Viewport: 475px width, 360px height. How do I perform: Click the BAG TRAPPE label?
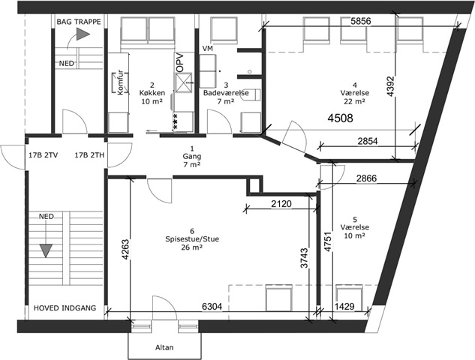click(79, 22)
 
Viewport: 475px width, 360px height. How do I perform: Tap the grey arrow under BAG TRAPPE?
click(83, 34)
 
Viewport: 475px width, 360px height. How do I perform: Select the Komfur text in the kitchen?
click(120, 82)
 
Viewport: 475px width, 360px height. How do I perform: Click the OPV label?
click(180, 63)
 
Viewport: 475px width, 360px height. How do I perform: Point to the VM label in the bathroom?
click(208, 49)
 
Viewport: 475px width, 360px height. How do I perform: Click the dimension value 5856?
click(360, 21)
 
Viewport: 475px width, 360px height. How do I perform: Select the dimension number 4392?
click(391, 86)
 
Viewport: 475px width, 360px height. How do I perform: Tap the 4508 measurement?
click(340, 118)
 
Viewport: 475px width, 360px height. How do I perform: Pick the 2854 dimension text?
click(368, 141)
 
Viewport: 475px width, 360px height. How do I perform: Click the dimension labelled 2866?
click(366, 178)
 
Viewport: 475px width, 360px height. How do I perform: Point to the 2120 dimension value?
click(281, 204)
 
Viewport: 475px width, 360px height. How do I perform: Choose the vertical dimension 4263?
click(125, 250)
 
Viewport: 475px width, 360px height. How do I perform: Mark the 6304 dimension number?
click(212, 307)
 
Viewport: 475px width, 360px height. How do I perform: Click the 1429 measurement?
click(344, 307)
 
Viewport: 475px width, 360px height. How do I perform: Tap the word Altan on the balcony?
click(164, 347)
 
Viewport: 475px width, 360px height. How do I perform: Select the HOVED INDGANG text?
click(65, 308)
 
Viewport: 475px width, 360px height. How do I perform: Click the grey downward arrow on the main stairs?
click(46, 250)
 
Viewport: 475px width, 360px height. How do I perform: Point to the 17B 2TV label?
click(44, 155)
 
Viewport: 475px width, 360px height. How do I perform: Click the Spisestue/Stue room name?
click(192, 239)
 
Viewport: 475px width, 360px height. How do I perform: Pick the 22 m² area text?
click(354, 101)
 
